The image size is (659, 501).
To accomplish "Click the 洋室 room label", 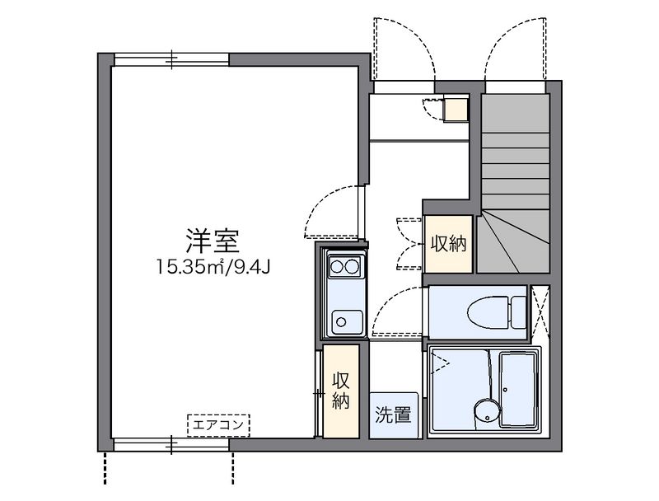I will click(212, 241).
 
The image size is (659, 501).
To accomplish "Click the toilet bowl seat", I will click(487, 313).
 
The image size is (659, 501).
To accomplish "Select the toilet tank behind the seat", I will click(518, 313).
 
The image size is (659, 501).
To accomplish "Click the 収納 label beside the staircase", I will click(448, 244).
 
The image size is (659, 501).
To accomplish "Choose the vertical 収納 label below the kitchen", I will click(341, 391).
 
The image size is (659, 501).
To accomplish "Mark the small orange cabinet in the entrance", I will click(456, 109).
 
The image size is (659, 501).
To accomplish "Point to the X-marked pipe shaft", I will click(540, 312).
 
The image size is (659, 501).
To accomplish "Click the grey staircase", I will click(514, 181).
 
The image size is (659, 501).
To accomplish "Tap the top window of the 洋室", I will click(172, 59).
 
